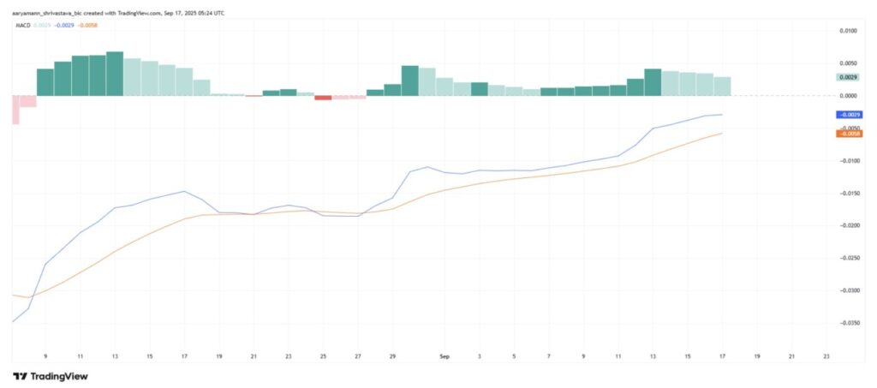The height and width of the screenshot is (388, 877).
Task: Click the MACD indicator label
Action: tap(24, 26)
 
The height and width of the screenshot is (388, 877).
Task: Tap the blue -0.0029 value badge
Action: tap(849, 115)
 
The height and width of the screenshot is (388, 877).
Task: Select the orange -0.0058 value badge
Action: tap(849, 134)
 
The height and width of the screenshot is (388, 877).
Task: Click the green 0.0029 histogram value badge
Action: tap(848, 77)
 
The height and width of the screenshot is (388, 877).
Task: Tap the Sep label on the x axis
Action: tap(444, 355)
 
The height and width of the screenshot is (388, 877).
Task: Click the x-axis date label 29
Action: tap(392, 355)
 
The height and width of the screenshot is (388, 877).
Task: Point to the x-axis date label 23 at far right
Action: tap(825, 355)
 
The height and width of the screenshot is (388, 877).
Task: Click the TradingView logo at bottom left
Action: tap(51, 376)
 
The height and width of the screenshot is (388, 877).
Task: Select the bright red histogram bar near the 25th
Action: tap(323, 98)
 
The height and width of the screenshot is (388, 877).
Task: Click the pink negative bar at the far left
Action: tap(16, 109)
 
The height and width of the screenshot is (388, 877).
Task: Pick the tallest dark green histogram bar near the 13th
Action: tap(115, 74)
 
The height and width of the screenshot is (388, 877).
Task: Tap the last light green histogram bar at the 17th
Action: tap(722, 86)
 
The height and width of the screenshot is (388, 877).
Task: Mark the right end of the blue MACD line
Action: tap(722, 114)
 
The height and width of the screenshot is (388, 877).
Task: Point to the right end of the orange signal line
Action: tap(722, 133)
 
